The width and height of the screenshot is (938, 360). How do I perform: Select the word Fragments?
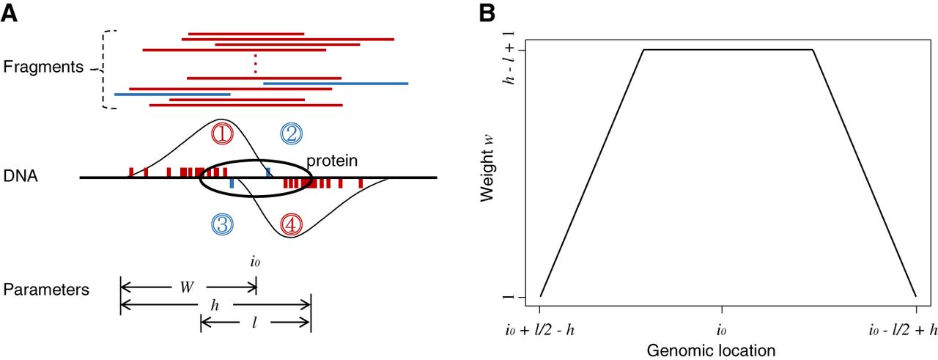point(43,67)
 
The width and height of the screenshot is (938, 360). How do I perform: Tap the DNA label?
point(21,176)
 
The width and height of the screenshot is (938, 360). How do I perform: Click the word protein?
point(332,161)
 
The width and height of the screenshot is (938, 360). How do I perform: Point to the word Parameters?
point(46,290)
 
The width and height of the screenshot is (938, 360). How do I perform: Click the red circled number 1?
point(222,134)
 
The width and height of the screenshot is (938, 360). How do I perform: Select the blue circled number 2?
point(292,134)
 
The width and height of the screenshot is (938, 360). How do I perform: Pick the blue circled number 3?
point(222,224)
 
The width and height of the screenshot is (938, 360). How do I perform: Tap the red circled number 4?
point(292,224)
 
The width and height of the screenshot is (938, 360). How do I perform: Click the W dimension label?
point(187,287)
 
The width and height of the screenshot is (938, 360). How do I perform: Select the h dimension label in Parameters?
point(215,306)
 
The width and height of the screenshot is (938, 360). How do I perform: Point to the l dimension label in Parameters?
point(254,323)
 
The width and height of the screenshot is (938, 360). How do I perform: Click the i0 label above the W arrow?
point(255,262)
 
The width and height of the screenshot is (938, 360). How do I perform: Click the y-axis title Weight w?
point(487,169)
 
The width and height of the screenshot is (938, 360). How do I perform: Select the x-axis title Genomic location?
point(711,350)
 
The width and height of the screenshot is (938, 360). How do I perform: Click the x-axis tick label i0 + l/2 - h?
point(540,330)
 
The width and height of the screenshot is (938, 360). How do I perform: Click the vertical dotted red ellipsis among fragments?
point(256,64)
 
